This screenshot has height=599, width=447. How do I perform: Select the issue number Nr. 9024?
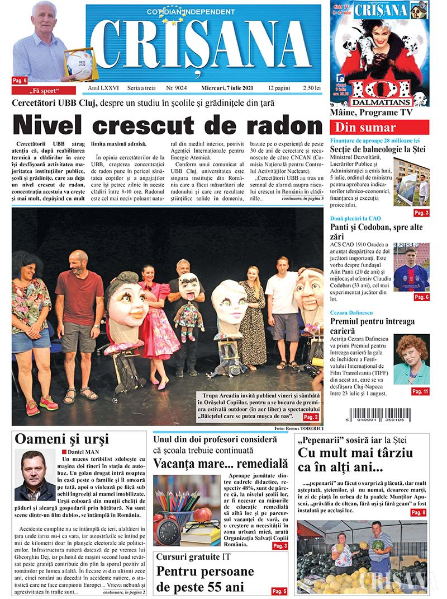[177, 88]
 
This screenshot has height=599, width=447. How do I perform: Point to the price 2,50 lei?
[310, 88]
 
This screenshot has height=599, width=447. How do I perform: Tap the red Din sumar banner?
[379, 128]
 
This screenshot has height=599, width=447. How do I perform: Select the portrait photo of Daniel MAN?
[35, 475]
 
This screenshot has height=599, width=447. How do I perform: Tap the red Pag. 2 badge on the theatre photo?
[311, 417]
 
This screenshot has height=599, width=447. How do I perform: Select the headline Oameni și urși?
[61, 439]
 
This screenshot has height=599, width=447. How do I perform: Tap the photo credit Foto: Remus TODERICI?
[298, 428]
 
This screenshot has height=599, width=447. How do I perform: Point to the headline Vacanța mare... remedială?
[220, 464]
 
